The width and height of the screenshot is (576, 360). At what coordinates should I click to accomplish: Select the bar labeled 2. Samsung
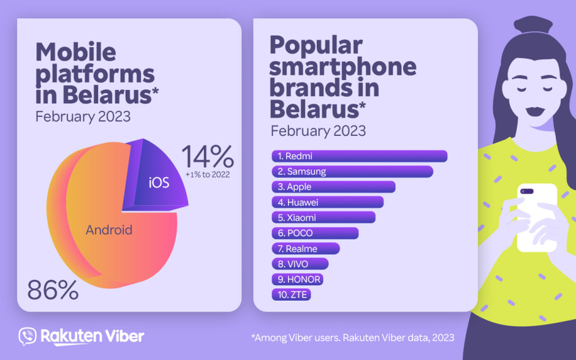coord(352,171)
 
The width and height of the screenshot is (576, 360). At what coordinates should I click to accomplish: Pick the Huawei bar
coord(327,202)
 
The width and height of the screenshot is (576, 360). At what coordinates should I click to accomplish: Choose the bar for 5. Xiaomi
coord(323,217)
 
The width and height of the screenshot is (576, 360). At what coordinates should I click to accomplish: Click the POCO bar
coord(314,233)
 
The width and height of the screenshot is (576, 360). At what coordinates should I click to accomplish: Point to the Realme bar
coord(305,249)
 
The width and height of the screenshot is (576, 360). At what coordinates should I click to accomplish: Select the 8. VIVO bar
coord(300,264)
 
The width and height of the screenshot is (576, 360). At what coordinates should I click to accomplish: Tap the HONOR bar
coord(297,279)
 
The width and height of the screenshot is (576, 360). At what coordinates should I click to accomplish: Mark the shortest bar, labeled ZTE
coord(291,294)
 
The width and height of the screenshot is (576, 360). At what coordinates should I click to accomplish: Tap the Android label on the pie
coord(109,230)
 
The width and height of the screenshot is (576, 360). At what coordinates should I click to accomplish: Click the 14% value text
coord(208,158)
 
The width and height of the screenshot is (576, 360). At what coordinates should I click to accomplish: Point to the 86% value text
coord(53,290)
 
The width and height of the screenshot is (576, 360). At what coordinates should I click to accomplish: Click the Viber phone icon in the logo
coord(28,337)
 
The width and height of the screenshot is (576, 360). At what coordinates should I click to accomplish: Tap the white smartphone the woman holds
coord(537,217)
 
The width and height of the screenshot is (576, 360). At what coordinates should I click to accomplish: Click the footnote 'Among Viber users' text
coord(352,337)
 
